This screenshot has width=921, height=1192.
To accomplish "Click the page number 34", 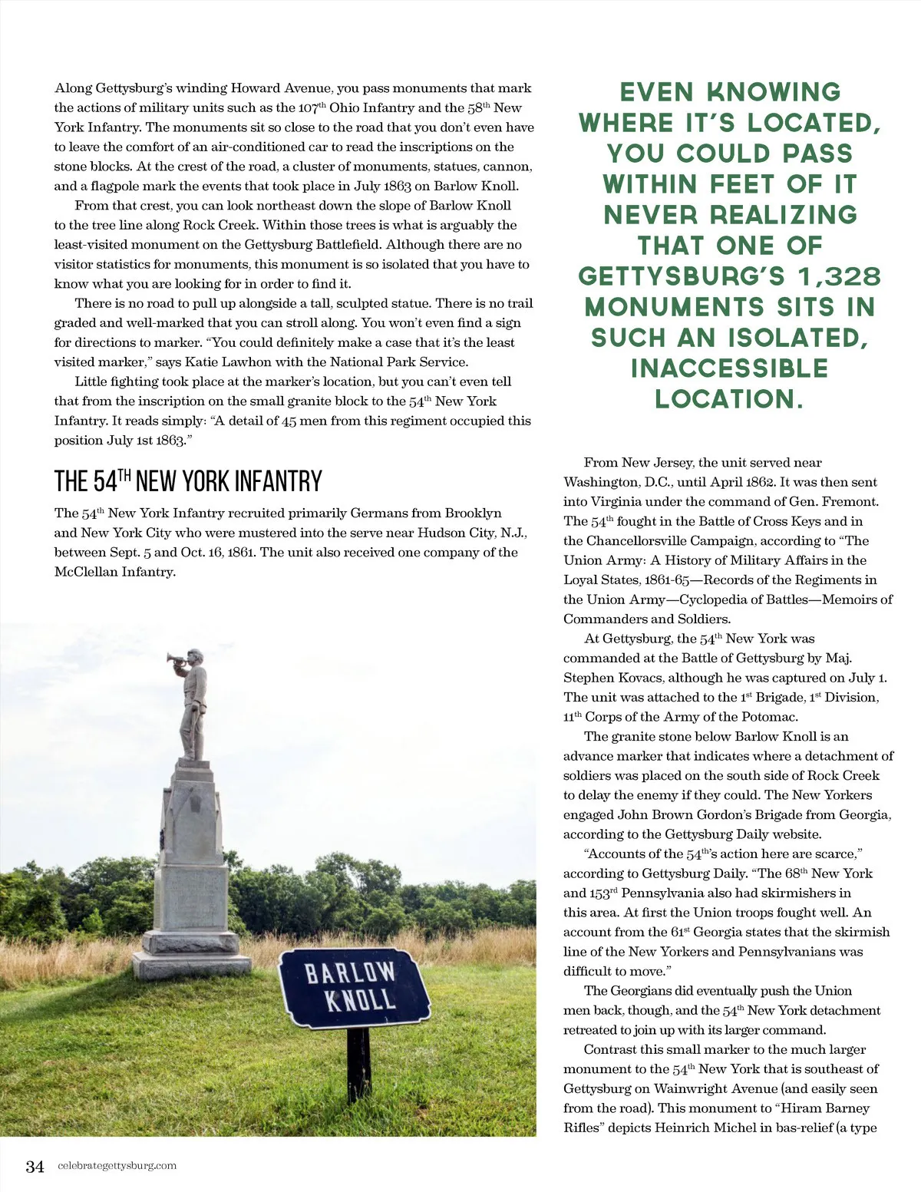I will click(x=35, y=1166).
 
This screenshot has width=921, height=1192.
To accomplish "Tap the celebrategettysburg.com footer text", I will click(x=117, y=1165).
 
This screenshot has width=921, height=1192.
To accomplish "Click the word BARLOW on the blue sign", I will click(x=350, y=972).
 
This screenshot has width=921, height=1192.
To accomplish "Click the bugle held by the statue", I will click(x=176, y=659).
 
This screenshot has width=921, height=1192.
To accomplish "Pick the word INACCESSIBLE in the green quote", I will click(x=729, y=368).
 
